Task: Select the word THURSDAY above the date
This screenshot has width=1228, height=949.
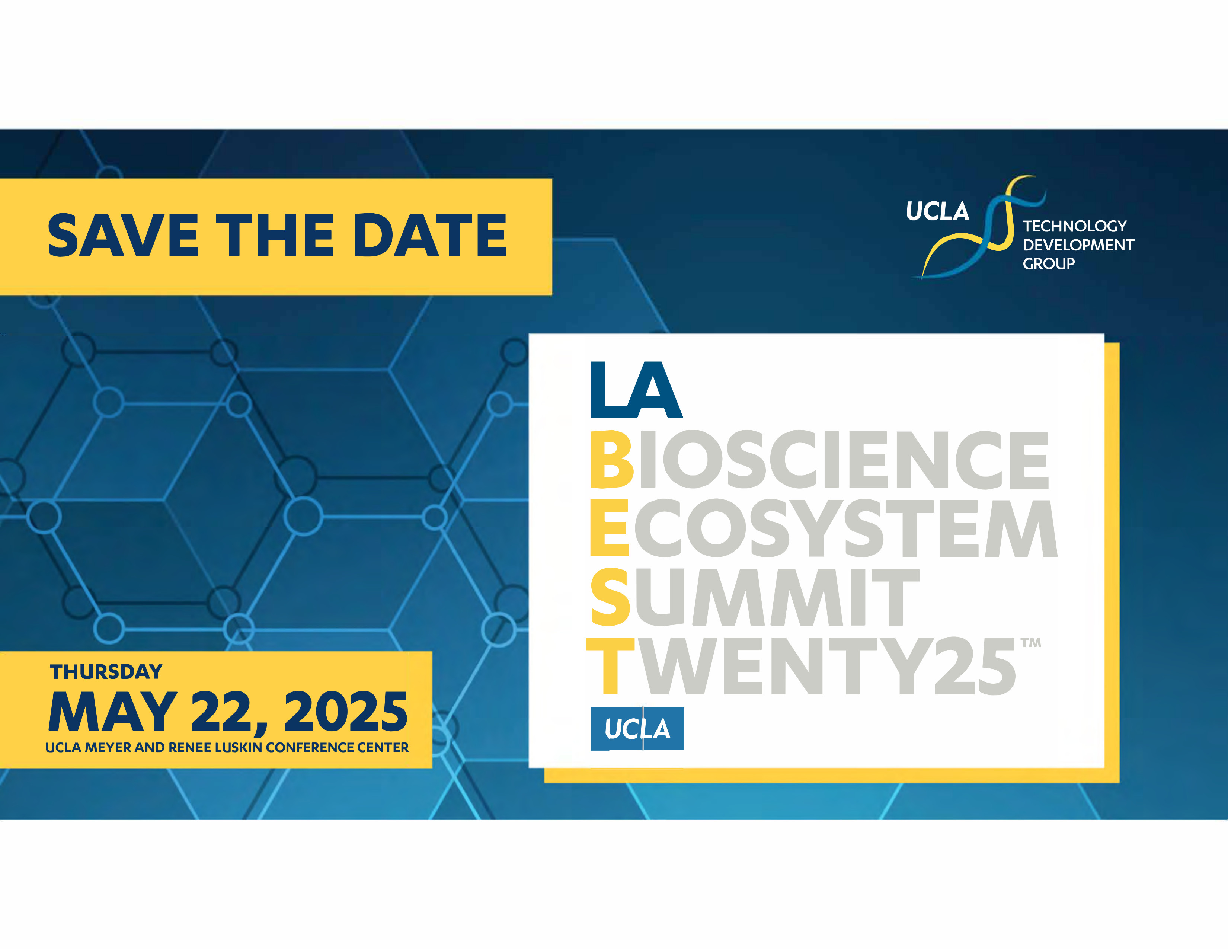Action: click(106, 672)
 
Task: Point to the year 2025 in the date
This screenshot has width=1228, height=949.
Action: click(346, 712)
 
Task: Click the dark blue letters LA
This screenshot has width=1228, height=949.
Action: click(636, 390)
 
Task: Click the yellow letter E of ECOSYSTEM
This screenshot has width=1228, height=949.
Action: click(609, 528)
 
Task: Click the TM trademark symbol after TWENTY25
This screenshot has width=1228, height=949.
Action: click(1031, 643)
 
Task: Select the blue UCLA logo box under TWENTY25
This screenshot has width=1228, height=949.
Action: click(637, 729)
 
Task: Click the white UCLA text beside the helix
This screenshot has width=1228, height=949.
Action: click(937, 211)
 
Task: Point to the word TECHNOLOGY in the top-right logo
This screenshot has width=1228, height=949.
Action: click(1075, 226)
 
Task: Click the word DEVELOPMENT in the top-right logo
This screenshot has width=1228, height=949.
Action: click(1078, 245)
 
